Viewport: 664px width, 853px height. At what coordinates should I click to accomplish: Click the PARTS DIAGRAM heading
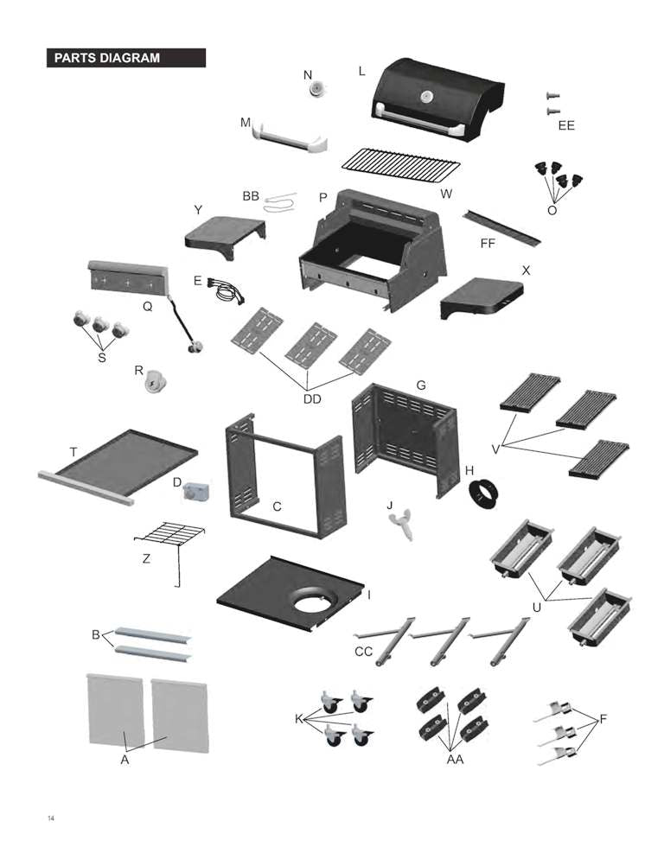coord(107,58)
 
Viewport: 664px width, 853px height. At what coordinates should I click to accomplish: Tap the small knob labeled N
coord(319,87)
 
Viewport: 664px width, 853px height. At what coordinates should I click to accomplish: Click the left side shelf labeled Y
coord(224,232)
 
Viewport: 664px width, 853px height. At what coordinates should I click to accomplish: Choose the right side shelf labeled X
coord(481,296)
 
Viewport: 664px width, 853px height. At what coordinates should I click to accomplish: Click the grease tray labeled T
coord(119,462)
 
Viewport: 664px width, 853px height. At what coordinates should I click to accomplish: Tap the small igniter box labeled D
coord(196,492)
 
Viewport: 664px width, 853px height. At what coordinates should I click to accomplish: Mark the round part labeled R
coord(156,382)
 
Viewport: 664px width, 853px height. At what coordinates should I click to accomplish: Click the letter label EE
coord(566,126)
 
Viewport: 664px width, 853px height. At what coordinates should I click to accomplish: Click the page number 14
coord(51,817)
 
